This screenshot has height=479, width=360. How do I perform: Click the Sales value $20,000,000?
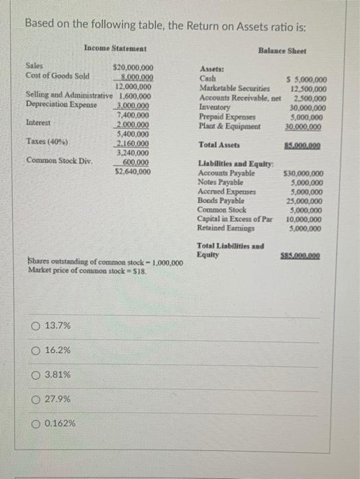(x=133, y=68)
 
